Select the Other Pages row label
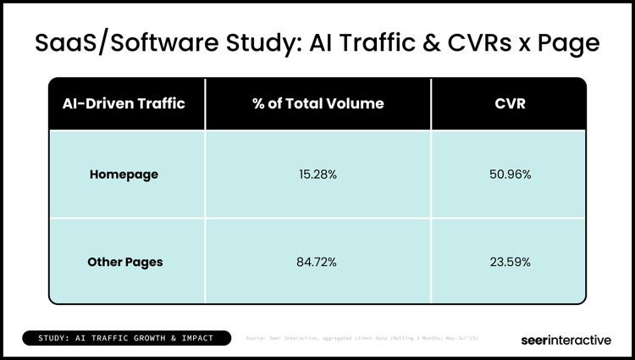(x=125, y=262)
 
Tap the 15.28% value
(x=317, y=175)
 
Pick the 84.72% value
(x=317, y=262)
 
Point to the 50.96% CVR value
(x=509, y=175)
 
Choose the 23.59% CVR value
(x=509, y=262)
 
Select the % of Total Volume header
(x=317, y=104)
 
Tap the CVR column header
(x=509, y=104)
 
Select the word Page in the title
(x=569, y=42)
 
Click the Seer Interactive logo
(x=566, y=339)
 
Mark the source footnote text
(x=362, y=339)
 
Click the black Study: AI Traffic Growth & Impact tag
(x=126, y=339)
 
